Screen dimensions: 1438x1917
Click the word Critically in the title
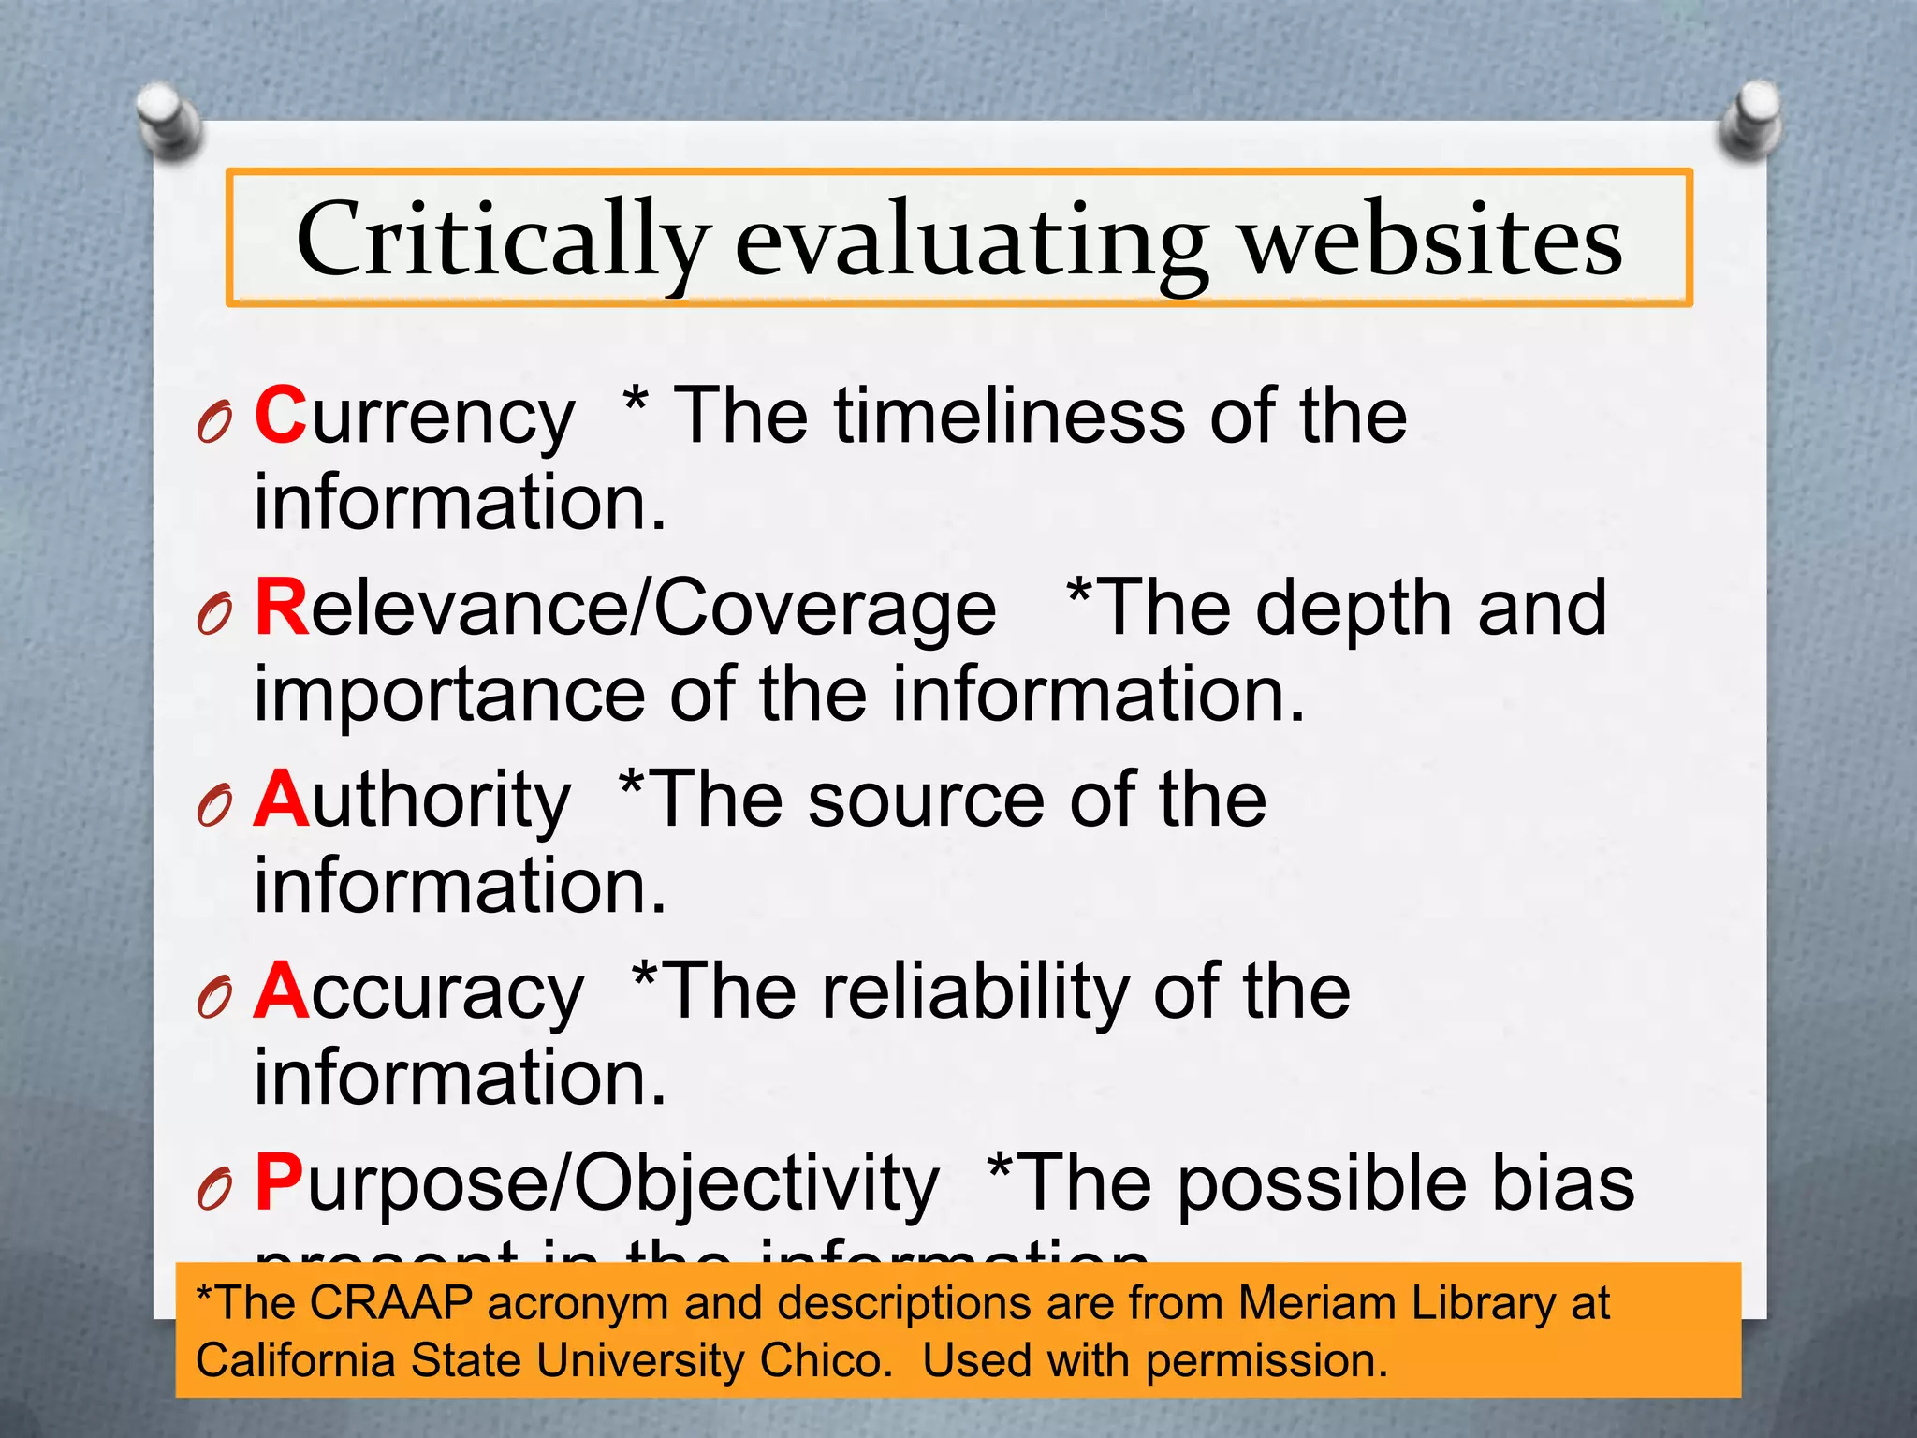(503, 242)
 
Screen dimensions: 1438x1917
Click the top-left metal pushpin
(168, 120)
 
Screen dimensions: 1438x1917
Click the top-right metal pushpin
(1749, 120)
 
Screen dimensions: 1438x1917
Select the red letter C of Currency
(280, 416)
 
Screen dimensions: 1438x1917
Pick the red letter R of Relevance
(281, 608)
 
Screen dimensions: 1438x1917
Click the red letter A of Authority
(281, 800)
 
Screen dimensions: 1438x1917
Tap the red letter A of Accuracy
(281, 991)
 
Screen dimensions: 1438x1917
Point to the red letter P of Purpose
(279, 1183)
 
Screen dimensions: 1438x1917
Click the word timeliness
(1010, 416)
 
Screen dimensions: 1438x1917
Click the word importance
(449, 696)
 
